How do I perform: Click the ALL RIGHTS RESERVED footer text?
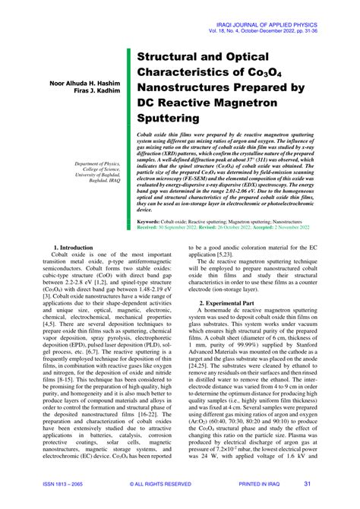click(x=160, y=484)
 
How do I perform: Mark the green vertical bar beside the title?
click(x=128, y=137)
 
